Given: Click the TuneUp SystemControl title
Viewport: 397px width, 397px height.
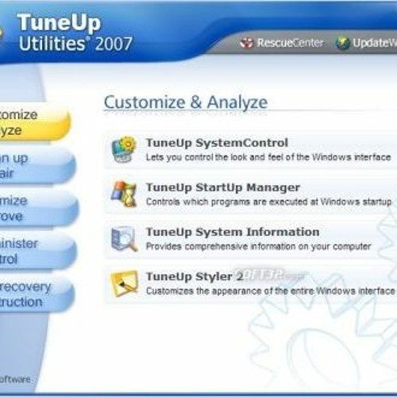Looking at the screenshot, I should pyautogui.click(x=216, y=143).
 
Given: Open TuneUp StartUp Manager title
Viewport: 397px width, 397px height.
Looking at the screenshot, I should pyautogui.click(x=222, y=187).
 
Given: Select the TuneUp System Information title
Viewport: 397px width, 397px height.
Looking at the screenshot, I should pyautogui.click(x=232, y=232).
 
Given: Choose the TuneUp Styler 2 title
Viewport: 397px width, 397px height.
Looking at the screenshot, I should pyautogui.click(x=195, y=276).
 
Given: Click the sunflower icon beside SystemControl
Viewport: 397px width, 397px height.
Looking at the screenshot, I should pyautogui.click(x=125, y=148).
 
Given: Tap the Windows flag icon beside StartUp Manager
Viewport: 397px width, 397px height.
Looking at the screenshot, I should pyautogui.click(x=125, y=194).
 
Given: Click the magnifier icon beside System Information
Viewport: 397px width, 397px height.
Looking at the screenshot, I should pyautogui.click(x=125, y=238).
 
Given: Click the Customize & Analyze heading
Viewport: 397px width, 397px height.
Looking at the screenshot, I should pyautogui.click(x=186, y=102).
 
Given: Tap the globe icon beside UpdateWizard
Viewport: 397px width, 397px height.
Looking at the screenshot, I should pyautogui.click(x=343, y=43).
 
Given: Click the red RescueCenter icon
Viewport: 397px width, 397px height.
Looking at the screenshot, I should pyautogui.click(x=247, y=43).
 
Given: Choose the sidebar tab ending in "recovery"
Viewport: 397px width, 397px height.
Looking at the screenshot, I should pyautogui.click(x=32, y=294).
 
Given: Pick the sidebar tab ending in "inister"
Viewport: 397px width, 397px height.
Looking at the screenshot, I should pyautogui.click(x=32, y=251).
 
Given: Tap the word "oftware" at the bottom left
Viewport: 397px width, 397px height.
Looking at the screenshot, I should pyautogui.click(x=15, y=379).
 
